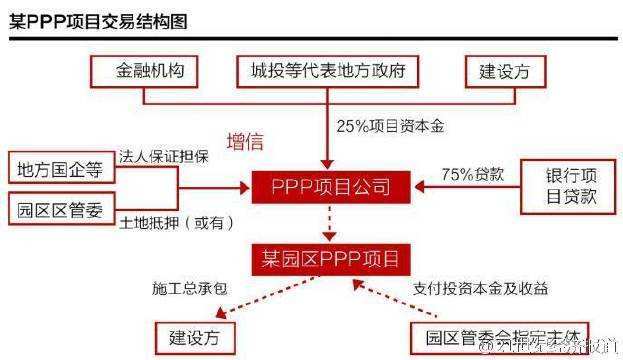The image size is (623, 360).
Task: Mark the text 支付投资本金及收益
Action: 480,288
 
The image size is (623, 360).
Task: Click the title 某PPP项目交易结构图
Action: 96,21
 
